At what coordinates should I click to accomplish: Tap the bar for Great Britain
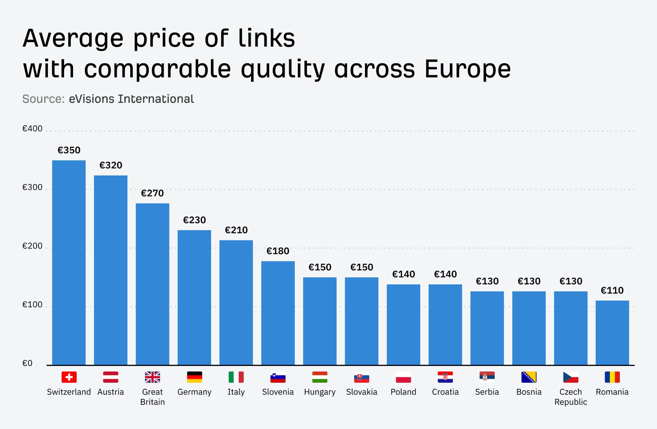pos(152,284)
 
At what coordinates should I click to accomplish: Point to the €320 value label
pos(111,165)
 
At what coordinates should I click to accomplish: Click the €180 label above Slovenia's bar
pos(278,251)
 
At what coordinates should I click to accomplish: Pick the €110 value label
pos(612,290)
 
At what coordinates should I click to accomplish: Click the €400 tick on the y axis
pos(32,129)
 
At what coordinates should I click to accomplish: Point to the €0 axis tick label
pos(27,363)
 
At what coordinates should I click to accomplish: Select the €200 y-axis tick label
pos(32,246)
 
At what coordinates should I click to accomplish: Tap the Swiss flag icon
pos(69,377)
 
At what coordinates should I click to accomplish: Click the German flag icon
pos(194,377)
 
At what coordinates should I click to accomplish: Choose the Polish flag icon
pos(403,377)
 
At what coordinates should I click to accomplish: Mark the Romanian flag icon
pos(612,377)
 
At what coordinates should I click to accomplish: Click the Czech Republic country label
pos(570,397)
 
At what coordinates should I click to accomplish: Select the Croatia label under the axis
pos(445,392)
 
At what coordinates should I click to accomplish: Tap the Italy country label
pos(236,392)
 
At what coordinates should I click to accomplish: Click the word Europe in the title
pos(467,69)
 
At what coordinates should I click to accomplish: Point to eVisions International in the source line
pos(131,99)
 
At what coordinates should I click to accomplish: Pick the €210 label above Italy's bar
pos(236,230)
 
